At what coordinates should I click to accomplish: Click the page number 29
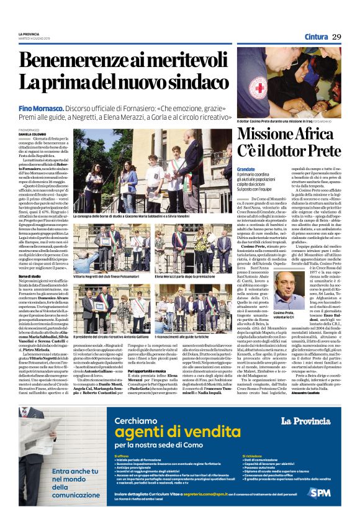337,37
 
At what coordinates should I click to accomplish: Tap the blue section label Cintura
316,37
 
